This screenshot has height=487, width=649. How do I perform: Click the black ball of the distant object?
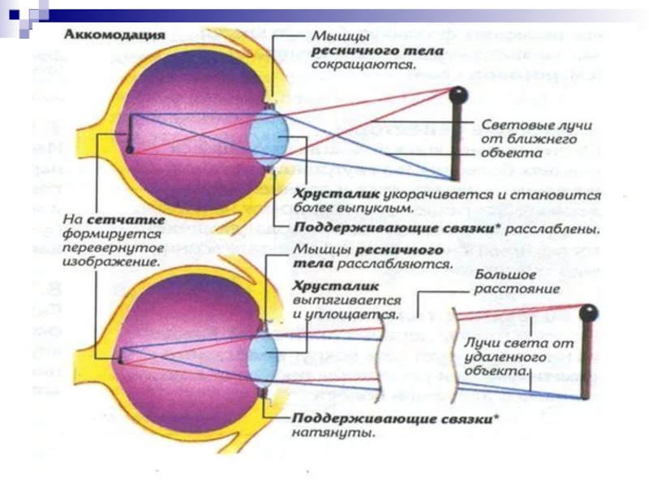coord(587,312)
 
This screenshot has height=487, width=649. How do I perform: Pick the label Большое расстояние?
coord(507,283)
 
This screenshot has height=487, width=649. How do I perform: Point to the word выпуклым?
coord(337,209)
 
